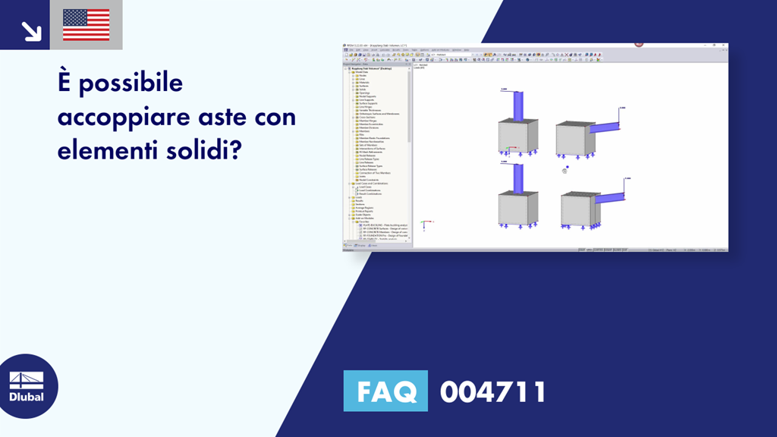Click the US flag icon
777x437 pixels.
(x=86, y=25)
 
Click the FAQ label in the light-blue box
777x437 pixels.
(x=385, y=391)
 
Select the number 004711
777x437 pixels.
(x=492, y=391)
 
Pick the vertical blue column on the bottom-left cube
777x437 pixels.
(x=517, y=178)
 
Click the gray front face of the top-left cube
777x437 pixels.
(x=514, y=138)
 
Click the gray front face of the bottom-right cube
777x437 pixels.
(x=575, y=212)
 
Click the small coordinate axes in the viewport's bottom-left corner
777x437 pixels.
(x=425, y=223)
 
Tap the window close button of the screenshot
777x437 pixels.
(x=724, y=46)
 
